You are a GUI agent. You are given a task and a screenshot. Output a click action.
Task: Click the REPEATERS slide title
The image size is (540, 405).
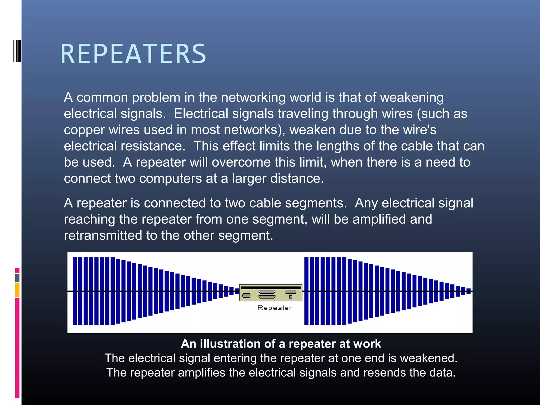pyautogui.click(x=133, y=54)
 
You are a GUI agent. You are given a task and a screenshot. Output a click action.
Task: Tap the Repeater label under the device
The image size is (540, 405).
pyautogui.click(x=274, y=308)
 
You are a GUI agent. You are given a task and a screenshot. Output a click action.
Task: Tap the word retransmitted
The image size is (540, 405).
pyautogui.click(x=103, y=235)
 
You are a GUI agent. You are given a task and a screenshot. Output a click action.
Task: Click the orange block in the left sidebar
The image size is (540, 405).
pyautogui.click(x=17, y=290)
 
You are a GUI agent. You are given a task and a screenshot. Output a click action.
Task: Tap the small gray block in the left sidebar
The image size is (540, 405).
pyautogui.click(x=17, y=278)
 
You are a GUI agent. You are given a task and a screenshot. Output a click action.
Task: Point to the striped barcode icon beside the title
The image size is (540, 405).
pyautogui.click(x=17, y=51)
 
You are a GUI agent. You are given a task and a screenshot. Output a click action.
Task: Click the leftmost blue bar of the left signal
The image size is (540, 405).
pyautogui.click(x=75, y=291)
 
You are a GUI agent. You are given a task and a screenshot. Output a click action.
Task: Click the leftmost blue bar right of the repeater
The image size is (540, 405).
pyautogui.click(x=306, y=291)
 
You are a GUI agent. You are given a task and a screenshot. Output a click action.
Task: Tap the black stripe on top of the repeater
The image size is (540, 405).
pyautogui.click(x=271, y=288)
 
